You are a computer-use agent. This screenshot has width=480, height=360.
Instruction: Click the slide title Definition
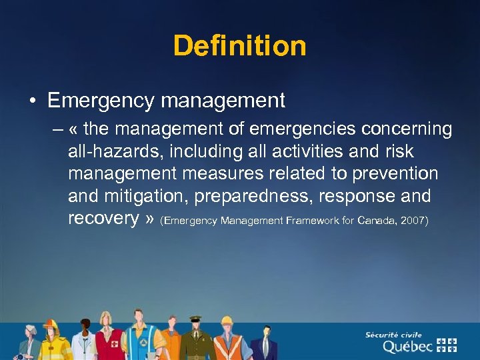point(240,47)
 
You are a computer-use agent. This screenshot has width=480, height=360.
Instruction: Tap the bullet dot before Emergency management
point(31,101)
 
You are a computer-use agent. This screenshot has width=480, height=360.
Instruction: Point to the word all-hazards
point(109,151)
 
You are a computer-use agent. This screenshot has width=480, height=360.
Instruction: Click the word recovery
point(103,219)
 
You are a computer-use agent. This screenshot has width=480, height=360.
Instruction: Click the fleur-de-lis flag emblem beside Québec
point(447,345)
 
